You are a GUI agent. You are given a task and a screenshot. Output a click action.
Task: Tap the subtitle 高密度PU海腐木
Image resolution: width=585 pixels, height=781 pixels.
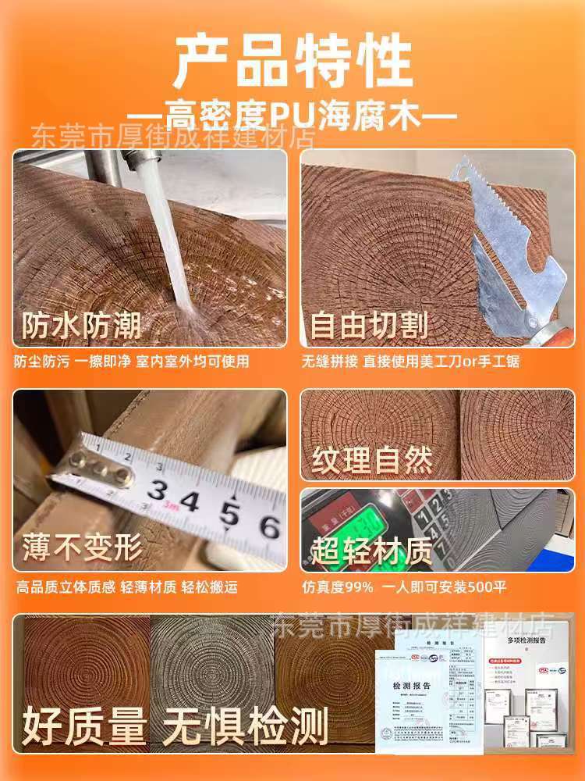click(292, 119)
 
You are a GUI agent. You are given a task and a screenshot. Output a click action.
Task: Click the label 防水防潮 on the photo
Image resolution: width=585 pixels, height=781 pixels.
click(81, 324)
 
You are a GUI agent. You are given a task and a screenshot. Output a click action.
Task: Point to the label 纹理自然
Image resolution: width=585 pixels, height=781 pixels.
click(372, 460)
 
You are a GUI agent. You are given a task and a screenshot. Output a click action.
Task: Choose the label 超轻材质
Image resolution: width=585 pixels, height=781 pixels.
click(372, 551)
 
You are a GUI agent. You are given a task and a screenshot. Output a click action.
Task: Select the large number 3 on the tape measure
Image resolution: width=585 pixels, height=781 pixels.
click(158, 491)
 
